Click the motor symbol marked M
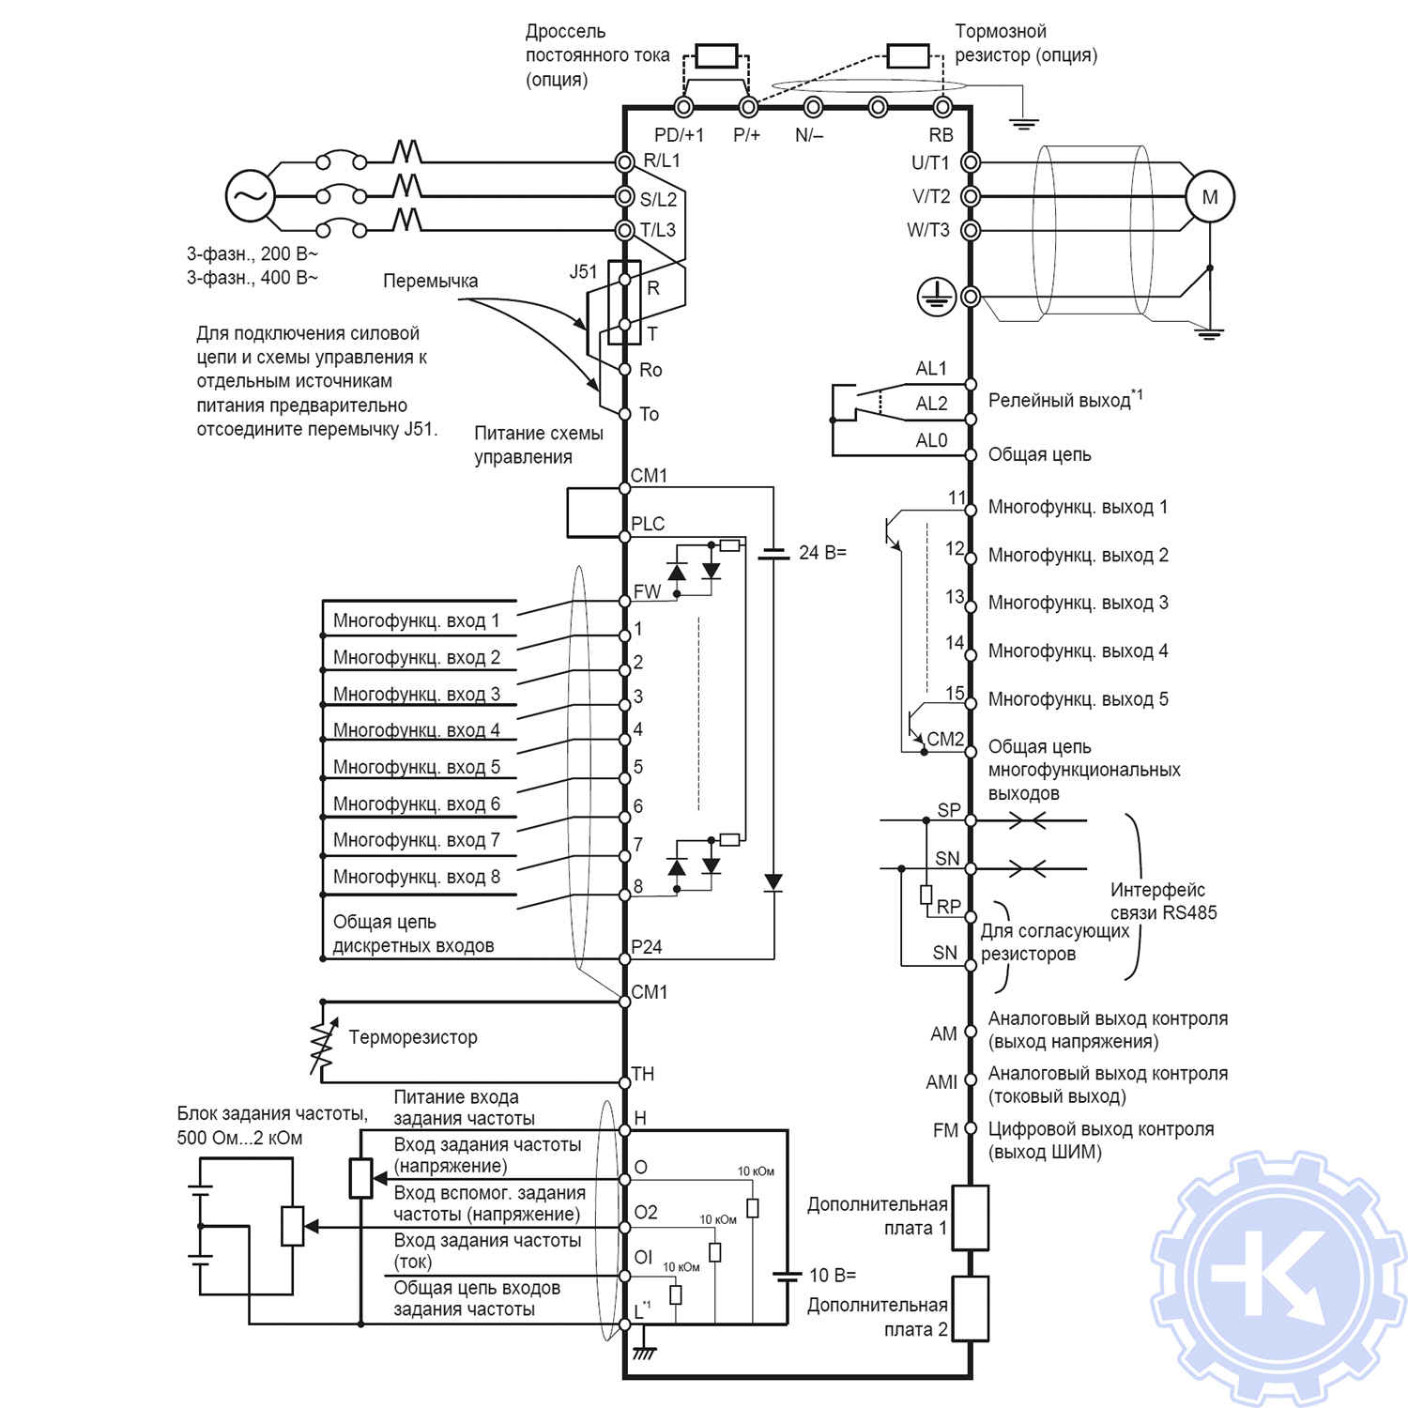coord(1209,197)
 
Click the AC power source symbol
coord(250,196)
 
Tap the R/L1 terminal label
coord(662,161)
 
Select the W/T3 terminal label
coord(928,230)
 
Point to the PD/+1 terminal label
coord(679,135)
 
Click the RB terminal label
coord(941,135)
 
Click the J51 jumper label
coord(583,271)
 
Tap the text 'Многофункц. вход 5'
coord(417,767)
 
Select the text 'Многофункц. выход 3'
coord(1078,603)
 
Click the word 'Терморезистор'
coord(413,1037)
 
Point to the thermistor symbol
coord(322,1040)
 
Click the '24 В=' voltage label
coord(822,553)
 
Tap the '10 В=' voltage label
coord(833,1275)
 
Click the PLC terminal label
coord(648,524)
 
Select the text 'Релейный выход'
coord(1060,401)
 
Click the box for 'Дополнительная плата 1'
coord(971,1217)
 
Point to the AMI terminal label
coord(941,1082)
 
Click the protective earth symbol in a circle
coord(936,297)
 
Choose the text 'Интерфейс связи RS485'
coord(1163,901)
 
